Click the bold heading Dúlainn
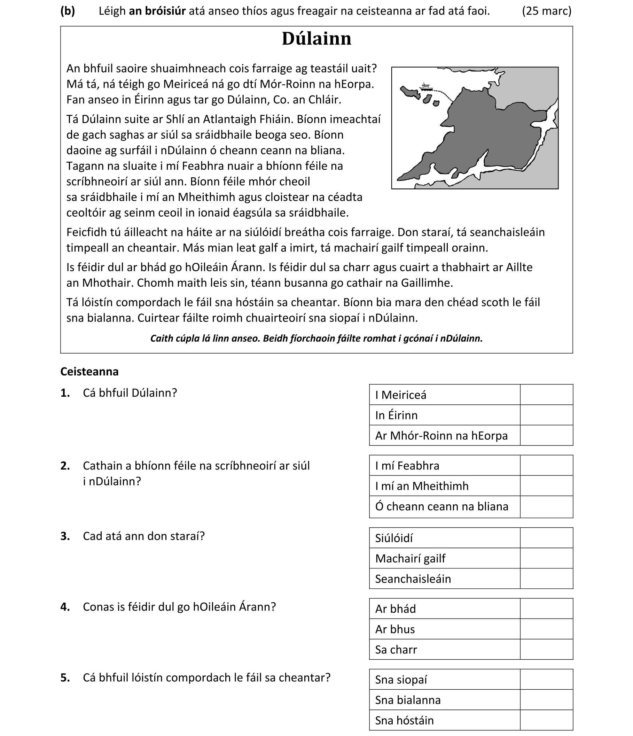click(x=316, y=39)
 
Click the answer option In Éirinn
click(x=396, y=415)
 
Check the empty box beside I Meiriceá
click(x=546, y=395)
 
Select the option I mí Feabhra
click(x=407, y=466)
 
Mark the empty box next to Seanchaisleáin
click(x=546, y=579)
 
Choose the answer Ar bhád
click(x=396, y=609)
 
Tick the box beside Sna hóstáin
click(x=546, y=720)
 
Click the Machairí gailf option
click(x=410, y=558)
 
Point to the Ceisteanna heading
click(x=89, y=372)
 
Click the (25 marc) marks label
click(x=546, y=11)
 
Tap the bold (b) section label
click(x=68, y=11)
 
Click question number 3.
click(x=65, y=536)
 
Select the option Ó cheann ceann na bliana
click(x=441, y=506)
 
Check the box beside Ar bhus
click(x=546, y=629)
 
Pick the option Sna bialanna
click(x=408, y=700)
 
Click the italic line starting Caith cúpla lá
click(x=316, y=338)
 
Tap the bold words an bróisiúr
click(x=157, y=11)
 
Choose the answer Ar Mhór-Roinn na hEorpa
click(x=441, y=435)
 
